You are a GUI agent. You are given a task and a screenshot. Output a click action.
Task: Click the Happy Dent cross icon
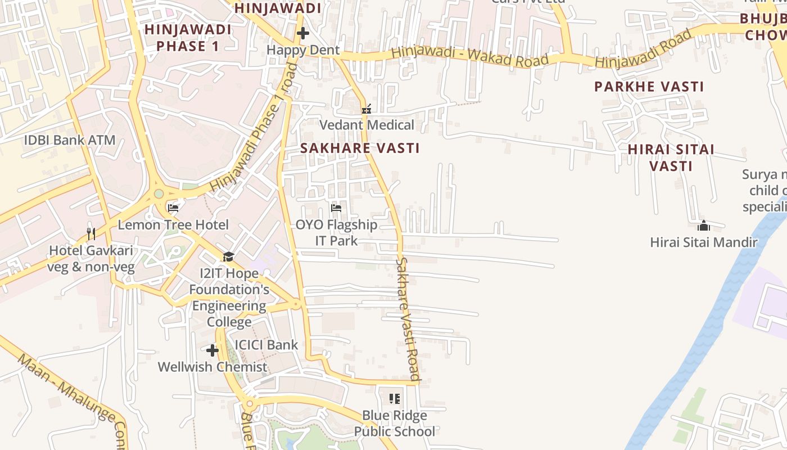pyautogui.click(x=302, y=33)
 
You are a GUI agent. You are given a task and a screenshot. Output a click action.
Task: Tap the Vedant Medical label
pyautogui.click(x=367, y=125)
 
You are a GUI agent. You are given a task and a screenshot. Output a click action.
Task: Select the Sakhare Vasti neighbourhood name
pyautogui.click(x=360, y=148)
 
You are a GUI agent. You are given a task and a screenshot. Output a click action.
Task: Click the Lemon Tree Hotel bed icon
pyautogui.click(x=173, y=208)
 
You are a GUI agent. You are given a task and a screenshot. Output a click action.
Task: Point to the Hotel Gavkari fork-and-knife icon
pyautogui.click(x=91, y=233)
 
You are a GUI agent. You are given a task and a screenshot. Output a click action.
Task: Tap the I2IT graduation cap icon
pyautogui.click(x=228, y=257)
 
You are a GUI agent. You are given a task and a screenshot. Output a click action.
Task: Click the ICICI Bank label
pyautogui.click(x=266, y=345)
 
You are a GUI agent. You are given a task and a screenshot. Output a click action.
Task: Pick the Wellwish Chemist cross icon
pyautogui.click(x=212, y=350)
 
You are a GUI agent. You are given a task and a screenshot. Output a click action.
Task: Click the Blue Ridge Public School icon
pyautogui.click(x=395, y=399)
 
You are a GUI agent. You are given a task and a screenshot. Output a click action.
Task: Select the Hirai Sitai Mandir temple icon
pyautogui.click(x=703, y=226)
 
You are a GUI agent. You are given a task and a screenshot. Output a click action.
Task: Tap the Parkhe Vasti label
pyautogui.click(x=649, y=87)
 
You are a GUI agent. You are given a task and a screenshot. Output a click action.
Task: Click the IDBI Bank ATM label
pyautogui.click(x=70, y=140)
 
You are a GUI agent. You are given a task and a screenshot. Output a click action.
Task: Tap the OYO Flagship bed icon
pyautogui.click(x=336, y=208)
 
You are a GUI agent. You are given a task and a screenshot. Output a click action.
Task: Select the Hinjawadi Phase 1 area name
pyautogui.click(x=188, y=38)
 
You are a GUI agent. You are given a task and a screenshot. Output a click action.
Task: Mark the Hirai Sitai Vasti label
pyautogui.click(x=671, y=157)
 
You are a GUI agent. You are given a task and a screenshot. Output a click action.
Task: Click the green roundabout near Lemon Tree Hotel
pyautogui.click(x=159, y=193)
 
